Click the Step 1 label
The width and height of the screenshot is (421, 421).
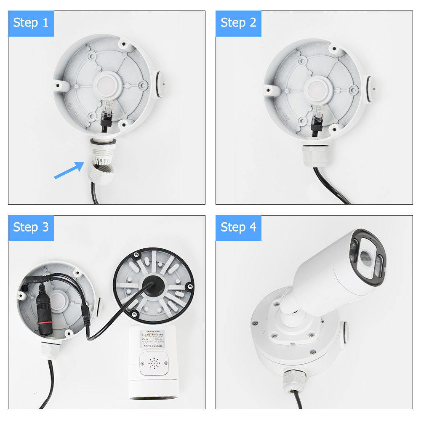(x=31, y=23)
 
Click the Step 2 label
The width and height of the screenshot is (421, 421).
(x=238, y=23)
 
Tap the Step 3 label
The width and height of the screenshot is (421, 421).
(x=31, y=228)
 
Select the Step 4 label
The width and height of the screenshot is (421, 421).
(x=238, y=228)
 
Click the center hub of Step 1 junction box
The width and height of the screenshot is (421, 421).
(x=105, y=84)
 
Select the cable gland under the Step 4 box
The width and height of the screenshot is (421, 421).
(x=291, y=378)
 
